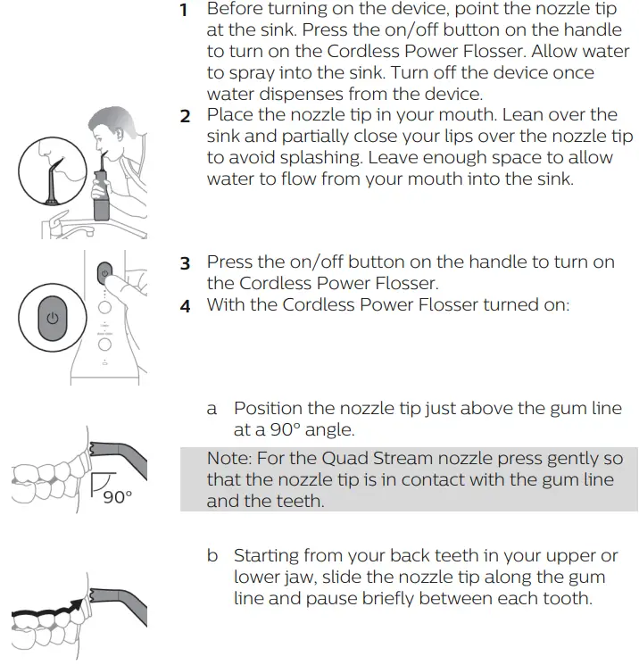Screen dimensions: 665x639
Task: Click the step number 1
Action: [184, 12]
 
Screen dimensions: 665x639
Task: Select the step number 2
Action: [185, 116]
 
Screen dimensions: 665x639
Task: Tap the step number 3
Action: [185, 263]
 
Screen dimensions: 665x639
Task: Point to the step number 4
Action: [185, 306]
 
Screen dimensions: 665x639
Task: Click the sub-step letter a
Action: [212, 409]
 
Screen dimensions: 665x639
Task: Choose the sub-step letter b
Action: [212, 556]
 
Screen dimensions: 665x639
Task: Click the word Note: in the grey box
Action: [230, 459]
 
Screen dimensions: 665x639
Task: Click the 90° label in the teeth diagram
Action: [116, 497]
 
